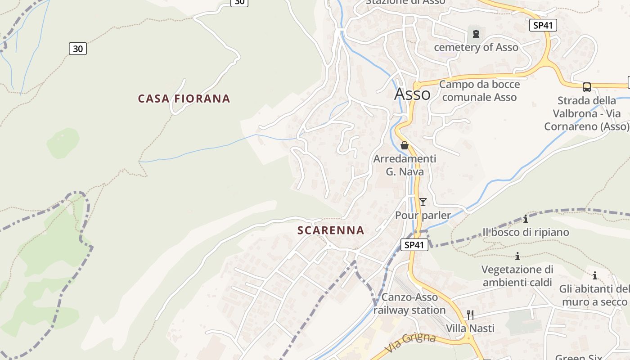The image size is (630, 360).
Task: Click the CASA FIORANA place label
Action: (184, 99)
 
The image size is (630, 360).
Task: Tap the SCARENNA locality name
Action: (331, 230)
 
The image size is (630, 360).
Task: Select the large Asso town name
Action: (412, 94)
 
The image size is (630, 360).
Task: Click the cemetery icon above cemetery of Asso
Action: (476, 33)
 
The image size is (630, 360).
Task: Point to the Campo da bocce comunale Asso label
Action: (479, 90)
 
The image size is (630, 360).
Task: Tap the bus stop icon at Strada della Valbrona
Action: (587, 87)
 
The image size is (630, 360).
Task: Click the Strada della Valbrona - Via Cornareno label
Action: (586, 113)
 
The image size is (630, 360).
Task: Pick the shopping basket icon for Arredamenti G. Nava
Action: (405, 145)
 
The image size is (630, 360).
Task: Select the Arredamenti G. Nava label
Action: (405, 165)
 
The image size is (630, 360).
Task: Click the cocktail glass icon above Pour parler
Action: (423, 202)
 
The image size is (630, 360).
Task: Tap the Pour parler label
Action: (423, 216)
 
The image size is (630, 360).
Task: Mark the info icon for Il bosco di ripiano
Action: (526, 219)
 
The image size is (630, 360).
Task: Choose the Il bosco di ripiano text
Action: (526, 232)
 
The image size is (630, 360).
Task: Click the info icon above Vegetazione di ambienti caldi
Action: (517, 256)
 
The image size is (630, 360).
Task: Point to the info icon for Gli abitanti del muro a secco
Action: (595, 275)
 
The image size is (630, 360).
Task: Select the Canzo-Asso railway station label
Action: (409, 304)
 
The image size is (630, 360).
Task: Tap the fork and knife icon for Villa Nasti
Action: (470, 315)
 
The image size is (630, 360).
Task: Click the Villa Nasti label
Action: (470, 328)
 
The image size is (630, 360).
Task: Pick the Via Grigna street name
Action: (410, 342)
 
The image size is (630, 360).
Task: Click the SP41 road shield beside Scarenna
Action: (414, 245)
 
